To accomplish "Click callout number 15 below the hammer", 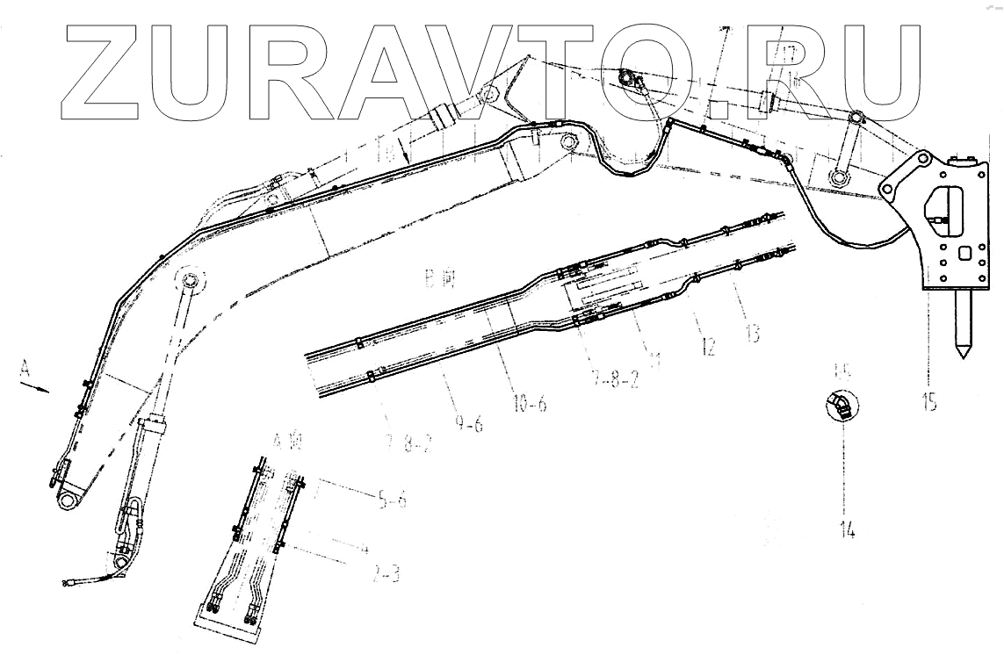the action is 929,404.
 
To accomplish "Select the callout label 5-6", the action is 392,501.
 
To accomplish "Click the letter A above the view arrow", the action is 24,373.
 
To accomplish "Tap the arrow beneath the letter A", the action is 38,387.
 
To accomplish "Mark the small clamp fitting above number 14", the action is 840,405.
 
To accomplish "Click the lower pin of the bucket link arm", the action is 840,180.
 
